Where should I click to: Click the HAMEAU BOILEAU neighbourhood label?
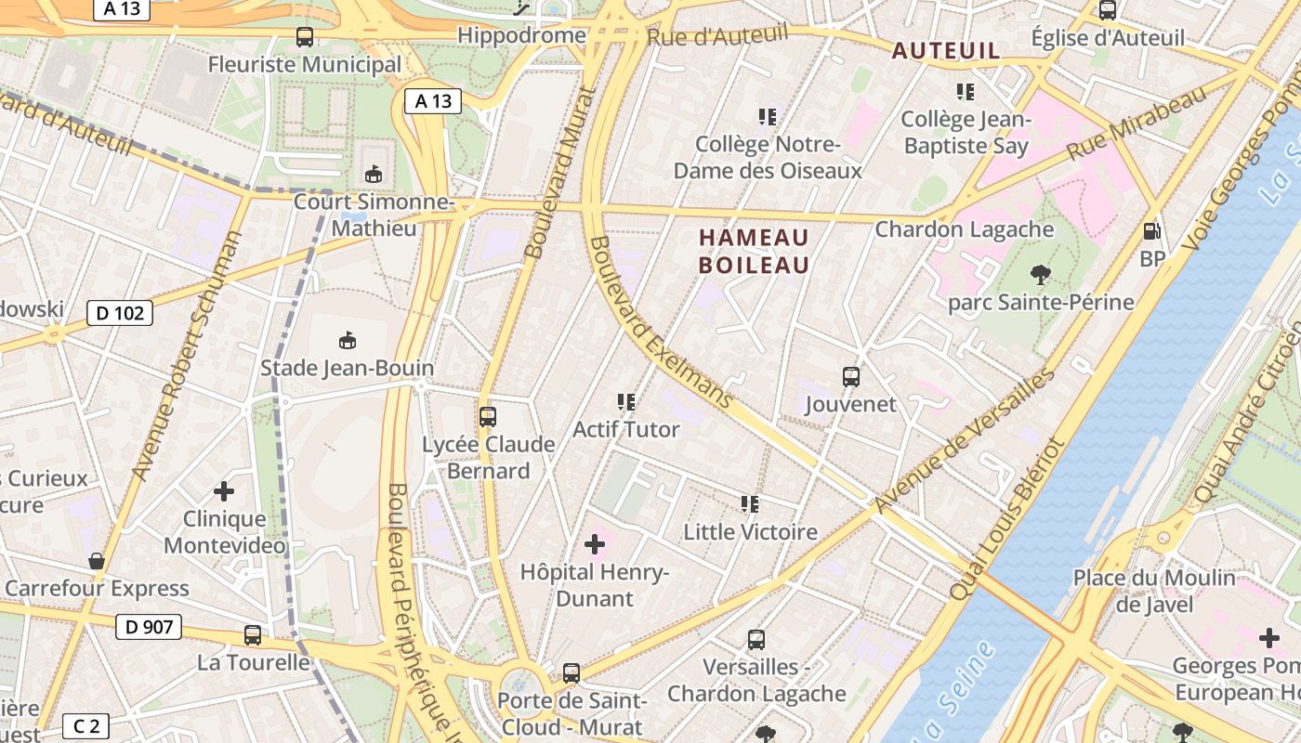754,252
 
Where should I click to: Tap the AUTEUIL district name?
946,51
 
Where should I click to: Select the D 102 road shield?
120,313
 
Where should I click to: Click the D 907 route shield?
148,627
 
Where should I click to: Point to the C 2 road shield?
85,726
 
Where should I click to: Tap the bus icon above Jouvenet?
850,377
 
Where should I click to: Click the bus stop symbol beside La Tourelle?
253,635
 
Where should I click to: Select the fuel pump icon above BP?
1152,231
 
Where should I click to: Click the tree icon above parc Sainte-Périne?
1040,274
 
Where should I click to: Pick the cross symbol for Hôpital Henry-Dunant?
595,544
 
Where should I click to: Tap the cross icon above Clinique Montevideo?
224,490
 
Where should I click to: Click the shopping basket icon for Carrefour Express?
96,561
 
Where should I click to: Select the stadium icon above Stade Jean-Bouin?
348,341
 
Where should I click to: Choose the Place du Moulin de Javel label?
1154,591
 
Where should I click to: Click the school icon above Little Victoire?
750,504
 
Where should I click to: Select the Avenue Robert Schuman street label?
187,356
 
